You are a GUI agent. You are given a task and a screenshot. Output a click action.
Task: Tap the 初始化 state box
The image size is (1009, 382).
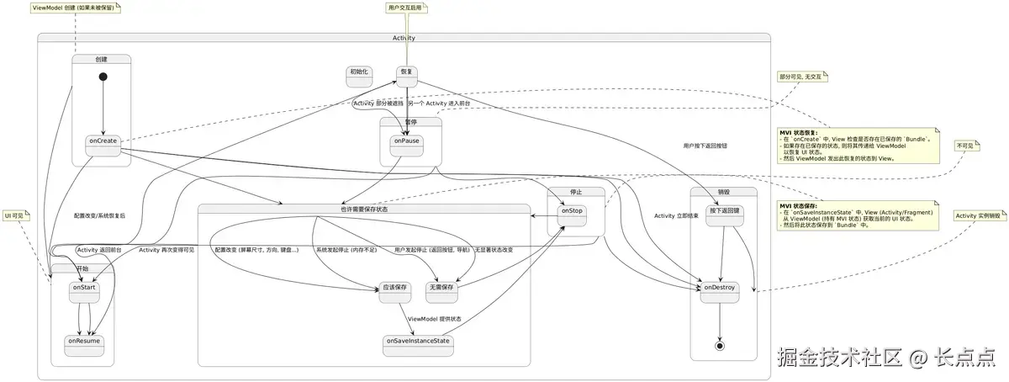click(x=359, y=77)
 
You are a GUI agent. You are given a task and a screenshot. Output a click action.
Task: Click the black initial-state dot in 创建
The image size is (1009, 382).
click(x=103, y=77)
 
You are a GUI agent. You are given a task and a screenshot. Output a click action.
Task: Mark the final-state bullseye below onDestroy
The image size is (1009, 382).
click(x=720, y=346)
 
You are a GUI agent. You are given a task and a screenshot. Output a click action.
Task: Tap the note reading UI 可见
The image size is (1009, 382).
click(x=15, y=215)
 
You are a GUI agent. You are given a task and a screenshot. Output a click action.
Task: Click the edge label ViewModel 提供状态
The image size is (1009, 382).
click(x=435, y=320)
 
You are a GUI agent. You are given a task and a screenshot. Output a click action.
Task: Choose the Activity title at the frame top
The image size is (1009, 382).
click(x=404, y=38)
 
